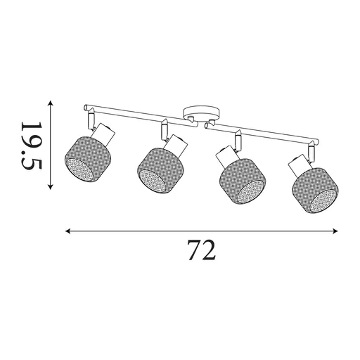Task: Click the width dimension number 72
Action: pos(201,250)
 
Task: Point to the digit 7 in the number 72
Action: pos(193,250)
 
